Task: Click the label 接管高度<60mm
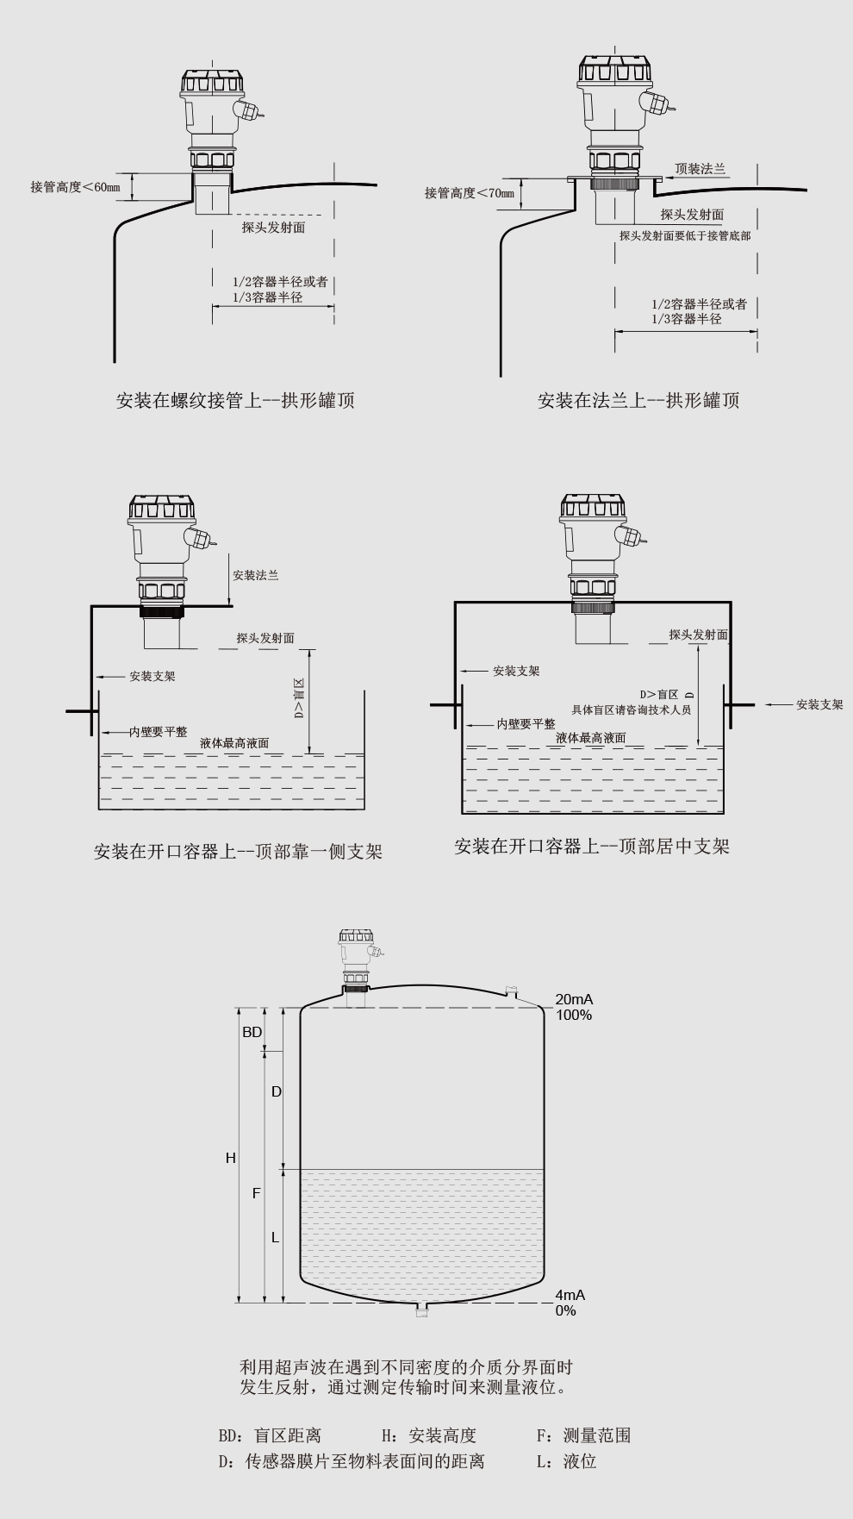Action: (x=76, y=187)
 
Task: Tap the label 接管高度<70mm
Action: (x=470, y=192)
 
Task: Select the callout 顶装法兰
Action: (x=700, y=169)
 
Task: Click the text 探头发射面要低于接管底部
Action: (x=685, y=235)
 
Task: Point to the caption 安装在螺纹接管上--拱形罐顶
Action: (x=235, y=400)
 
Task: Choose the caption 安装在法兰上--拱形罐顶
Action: (x=638, y=400)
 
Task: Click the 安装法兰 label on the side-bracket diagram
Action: (x=256, y=575)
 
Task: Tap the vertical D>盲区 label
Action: (x=299, y=699)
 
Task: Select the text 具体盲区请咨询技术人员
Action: (x=632, y=709)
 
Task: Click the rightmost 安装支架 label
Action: (x=819, y=704)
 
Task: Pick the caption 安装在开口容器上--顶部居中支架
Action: (x=592, y=847)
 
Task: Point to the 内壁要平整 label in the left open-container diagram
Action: (x=158, y=731)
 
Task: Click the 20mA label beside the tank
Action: (x=574, y=1000)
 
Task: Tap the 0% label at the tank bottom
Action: (x=565, y=1310)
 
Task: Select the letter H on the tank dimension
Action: (x=231, y=1158)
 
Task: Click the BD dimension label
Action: (x=252, y=1032)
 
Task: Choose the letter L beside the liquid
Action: (x=276, y=1237)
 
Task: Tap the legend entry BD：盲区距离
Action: (x=270, y=1435)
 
